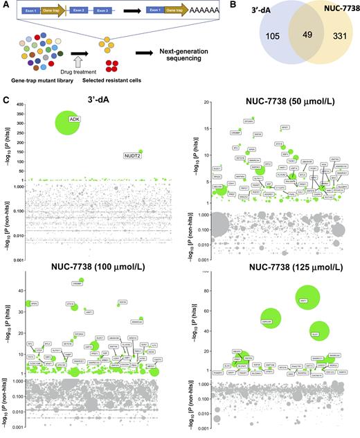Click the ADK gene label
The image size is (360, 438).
pyautogui.click(x=75, y=119)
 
